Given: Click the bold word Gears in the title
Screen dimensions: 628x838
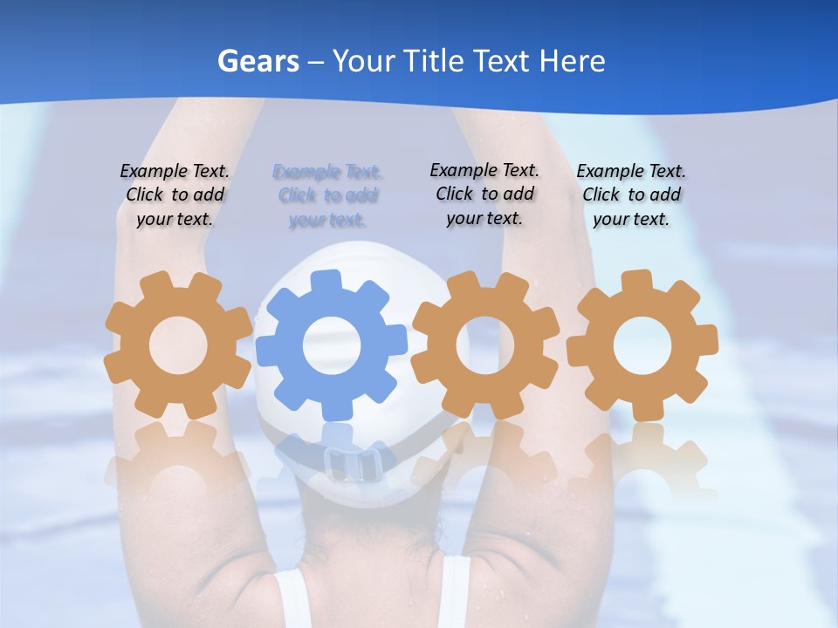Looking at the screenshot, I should click(258, 61).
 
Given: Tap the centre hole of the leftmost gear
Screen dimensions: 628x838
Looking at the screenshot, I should click(178, 345).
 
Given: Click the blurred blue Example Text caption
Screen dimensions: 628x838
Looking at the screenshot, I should click(327, 195).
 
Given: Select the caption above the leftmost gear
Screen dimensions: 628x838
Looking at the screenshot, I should click(175, 195).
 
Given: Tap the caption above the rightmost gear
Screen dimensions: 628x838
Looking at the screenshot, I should click(631, 195).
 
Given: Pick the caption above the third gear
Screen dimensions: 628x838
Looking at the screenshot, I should click(484, 194).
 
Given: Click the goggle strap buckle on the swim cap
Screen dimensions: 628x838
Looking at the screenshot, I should click(348, 461).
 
